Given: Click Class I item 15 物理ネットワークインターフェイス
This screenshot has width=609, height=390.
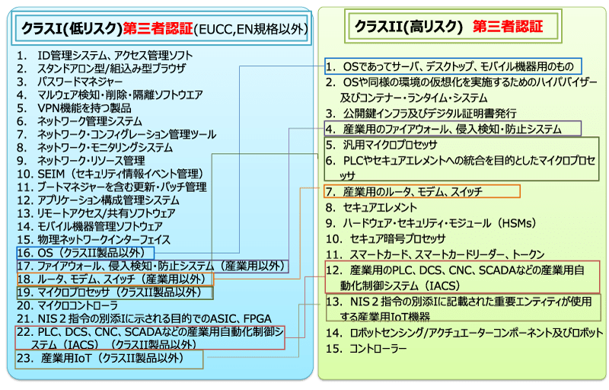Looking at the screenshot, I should pos(107,239).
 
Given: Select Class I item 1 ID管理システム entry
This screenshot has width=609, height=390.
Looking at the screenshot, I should pos(114,56).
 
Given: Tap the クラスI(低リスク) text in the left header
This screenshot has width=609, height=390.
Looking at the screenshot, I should pos(72,29).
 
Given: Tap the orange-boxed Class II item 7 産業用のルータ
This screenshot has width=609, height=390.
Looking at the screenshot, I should pos(412,191).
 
